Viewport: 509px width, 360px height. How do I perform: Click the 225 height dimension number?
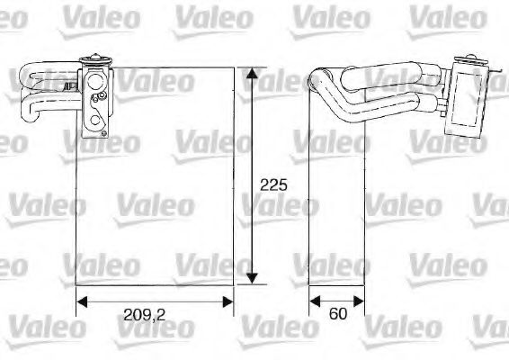[272, 186]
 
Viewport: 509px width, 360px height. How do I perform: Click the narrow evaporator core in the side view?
[336, 198]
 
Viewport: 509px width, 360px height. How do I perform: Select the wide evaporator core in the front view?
[153, 180]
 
